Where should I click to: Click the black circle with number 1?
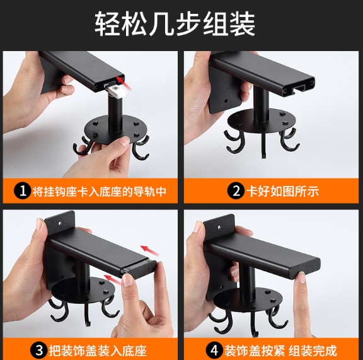(x=23, y=191)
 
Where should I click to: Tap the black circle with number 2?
(x=236, y=191)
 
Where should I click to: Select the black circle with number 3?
(x=38, y=350)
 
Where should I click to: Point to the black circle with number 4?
(x=214, y=350)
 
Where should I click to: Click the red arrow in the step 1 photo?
(x=124, y=83)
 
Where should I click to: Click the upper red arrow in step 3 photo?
(x=150, y=251)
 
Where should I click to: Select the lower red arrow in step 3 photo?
(x=113, y=279)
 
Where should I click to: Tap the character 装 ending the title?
(x=242, y=23)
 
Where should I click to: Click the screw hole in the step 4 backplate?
(x=220, y=227)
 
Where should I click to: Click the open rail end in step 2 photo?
(x=299, y=86)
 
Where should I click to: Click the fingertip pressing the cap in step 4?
(x=301, y=277)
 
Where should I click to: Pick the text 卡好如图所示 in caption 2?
(x=282, y=191)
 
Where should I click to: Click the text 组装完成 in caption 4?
(x=312, y=351)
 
